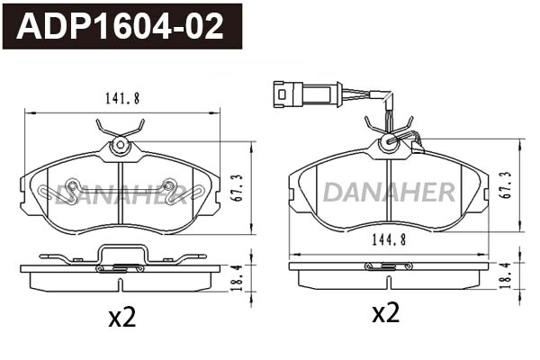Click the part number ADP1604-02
[x=121, y=26]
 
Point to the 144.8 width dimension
[x=388, y=240]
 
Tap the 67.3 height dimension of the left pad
[x=237, y=188]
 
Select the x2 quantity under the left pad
[x=121, y=317]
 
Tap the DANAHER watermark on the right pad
[x=389, y=191]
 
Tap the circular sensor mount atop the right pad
[x=389, y=140]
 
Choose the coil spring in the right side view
[x=388, y=265]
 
